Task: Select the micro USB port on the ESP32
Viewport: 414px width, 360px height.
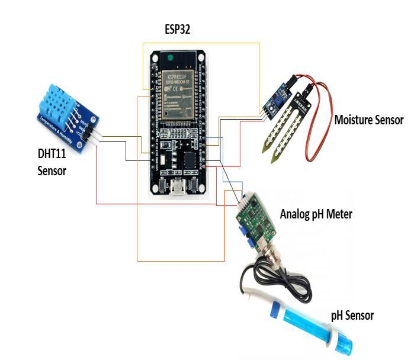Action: [x=176, y=189]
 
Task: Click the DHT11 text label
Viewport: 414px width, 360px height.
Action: [x=52, y=155]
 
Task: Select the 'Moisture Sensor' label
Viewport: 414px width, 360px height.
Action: [x=368, y=120]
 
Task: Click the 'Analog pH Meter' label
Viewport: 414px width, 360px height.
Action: [x=316, y=214]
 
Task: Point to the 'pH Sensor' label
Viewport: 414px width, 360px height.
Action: [x=352, y=316]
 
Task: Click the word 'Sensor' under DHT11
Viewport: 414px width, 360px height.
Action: [x=52, y=171]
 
